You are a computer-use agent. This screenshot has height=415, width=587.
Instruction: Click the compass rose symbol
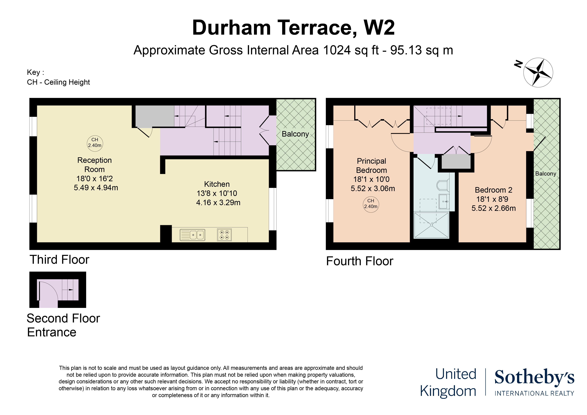[x=538, y=72]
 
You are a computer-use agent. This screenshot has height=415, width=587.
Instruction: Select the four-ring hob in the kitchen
[x=224, y=235]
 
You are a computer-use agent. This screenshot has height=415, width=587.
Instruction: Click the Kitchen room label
[x=217, y=184]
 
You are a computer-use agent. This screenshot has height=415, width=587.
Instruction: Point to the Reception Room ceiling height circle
[x=95, y=143]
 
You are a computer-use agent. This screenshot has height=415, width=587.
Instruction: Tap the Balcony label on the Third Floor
[x=295, y=134]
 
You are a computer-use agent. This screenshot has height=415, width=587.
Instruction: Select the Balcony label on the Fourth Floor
[x=546, y=174]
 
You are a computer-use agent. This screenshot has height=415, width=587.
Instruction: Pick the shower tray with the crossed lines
[x=431, y=225]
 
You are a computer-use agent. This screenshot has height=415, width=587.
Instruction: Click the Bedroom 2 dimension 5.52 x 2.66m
[x=493, y=208]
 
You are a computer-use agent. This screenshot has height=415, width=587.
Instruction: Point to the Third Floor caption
[x=59, y=260]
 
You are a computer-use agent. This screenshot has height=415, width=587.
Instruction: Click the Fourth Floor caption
[x=359, y=261]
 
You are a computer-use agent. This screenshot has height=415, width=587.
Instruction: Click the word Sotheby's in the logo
[x=534, y=377]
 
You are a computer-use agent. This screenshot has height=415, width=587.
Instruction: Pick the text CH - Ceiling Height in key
[x=58, y=82]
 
